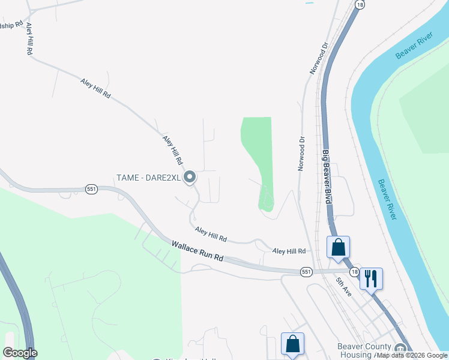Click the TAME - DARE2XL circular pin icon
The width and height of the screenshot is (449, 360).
[190, 177]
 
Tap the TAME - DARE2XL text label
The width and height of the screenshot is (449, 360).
[148, 177]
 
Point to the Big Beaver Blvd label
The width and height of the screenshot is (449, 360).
[327, 177]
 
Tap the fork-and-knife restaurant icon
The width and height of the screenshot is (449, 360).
[371, 278]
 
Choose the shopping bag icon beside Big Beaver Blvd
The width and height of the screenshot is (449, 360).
[338, 247]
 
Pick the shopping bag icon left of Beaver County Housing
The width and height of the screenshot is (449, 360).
[292, 344]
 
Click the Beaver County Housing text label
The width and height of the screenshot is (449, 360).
[364, 350]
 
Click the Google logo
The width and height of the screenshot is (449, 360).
[20, 353]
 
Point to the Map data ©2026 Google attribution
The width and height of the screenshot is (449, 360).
[412, 356]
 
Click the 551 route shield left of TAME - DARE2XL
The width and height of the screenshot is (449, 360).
[91, 188]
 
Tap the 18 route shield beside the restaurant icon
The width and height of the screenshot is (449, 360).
[355, 272]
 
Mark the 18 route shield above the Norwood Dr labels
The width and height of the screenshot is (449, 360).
[359, 4]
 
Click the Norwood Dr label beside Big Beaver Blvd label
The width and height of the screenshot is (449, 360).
[301, 153]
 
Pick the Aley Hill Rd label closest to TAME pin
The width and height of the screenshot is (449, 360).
[172, 150]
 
